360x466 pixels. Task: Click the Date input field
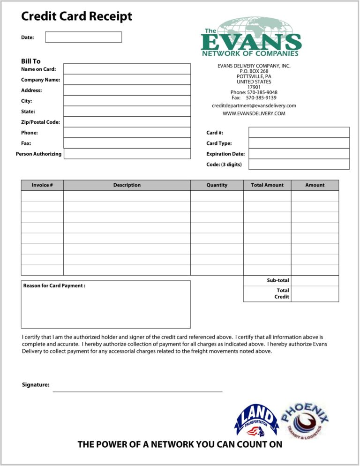(x=83, y=37)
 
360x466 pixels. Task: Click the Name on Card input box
(x=127, y=69)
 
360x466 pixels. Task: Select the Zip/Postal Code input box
(x=127, y=122)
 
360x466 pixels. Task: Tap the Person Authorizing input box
(x=127, y=154)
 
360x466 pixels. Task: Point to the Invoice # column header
(x=42, y=185)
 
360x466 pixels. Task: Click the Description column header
(x=127, y=185)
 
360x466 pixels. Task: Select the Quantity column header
(x=217, y=185)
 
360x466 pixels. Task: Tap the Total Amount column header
(x=267, y=185)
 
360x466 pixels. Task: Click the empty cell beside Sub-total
(x=315, y=280)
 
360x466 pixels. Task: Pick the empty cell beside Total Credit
(x=315, y=293)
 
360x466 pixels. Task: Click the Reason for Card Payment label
(x=54, y=286)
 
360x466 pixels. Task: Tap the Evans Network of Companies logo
(x=251, y=37)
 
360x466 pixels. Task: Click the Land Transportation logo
(x=256, y=421)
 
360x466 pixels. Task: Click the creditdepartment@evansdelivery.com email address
(x=254, y=106)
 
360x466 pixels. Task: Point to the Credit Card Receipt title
(x=77, y=17)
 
